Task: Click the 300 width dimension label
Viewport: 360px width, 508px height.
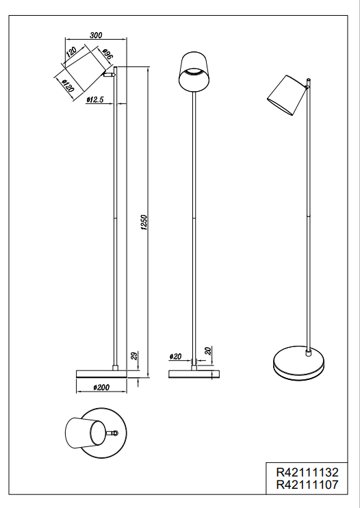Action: pyautogui.click(x=96, y=36)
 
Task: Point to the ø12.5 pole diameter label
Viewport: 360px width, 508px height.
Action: pyautogui.click(x=95, y=101)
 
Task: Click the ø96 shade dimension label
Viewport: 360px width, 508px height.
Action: pyautogui.click(x=107, y=55)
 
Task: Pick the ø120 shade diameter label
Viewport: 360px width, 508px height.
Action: pyautogui.click(x=68, y=87)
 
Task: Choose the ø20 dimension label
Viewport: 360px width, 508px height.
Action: pyautogui.click(x=176, y=357)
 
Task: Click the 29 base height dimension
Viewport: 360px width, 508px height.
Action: pyautogui.click(x=135, y=356)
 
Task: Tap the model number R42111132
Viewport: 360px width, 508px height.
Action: pyautogui.click(x=307, y=472)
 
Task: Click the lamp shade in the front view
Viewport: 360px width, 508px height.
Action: pyautogui.click(x=195, y=70)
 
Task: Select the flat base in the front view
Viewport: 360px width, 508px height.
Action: pyautogui.click(x=195, y=373)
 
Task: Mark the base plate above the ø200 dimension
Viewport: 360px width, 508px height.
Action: pyautogui.click(x=101, y=372)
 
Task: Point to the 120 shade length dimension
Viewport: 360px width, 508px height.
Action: pyautogui.click(x=70, y=53)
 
